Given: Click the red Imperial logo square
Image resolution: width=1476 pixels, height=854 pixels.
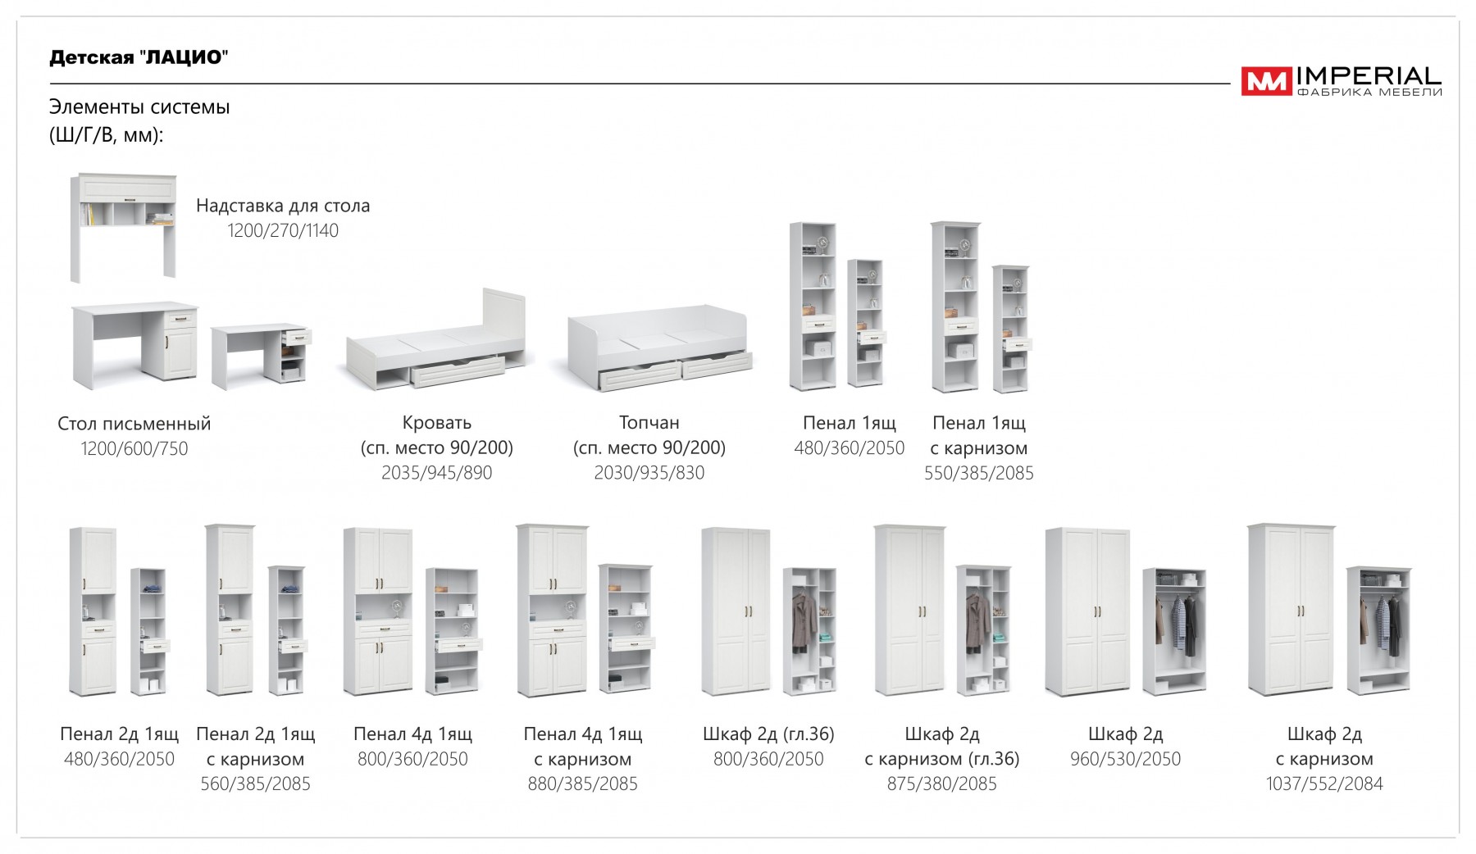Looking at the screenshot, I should (1266, 81).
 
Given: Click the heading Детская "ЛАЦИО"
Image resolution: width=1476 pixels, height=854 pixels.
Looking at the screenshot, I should (139, 57).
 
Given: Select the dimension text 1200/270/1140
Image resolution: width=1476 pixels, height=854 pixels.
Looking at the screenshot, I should (283, 231).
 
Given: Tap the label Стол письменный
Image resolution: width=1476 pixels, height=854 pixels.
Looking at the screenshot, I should (134, 424).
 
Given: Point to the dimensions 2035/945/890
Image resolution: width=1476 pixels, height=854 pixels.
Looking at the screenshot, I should (436, 473).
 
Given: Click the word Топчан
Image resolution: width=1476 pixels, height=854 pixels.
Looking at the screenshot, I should (649, 423).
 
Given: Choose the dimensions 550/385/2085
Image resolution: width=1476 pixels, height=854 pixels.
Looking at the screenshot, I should (978, 473).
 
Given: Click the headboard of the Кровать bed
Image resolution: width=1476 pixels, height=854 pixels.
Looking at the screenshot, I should (503, 320).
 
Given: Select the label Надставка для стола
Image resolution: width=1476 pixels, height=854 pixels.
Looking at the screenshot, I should (283, 206).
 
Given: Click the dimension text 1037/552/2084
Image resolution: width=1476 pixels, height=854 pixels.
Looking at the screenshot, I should (1323, 784).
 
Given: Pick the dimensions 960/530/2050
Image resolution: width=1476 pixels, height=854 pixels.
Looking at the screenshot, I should (1125, 760).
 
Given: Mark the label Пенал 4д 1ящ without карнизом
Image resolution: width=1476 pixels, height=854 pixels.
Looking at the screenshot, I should (412, 734).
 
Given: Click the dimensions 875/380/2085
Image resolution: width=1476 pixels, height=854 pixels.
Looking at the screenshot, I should (941, 784).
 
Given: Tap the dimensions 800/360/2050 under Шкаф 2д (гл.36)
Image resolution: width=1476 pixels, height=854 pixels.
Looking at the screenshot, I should (768, 760).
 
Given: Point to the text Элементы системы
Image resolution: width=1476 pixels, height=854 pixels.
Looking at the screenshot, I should (139, 107).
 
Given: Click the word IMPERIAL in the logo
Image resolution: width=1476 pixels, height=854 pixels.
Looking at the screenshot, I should (1368, 77).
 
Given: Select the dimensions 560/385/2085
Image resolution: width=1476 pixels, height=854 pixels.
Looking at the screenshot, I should (255, 784).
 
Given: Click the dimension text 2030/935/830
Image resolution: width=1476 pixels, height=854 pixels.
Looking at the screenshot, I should (649, 473).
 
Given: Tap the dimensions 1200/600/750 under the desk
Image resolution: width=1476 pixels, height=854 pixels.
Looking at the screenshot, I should (134, 449).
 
